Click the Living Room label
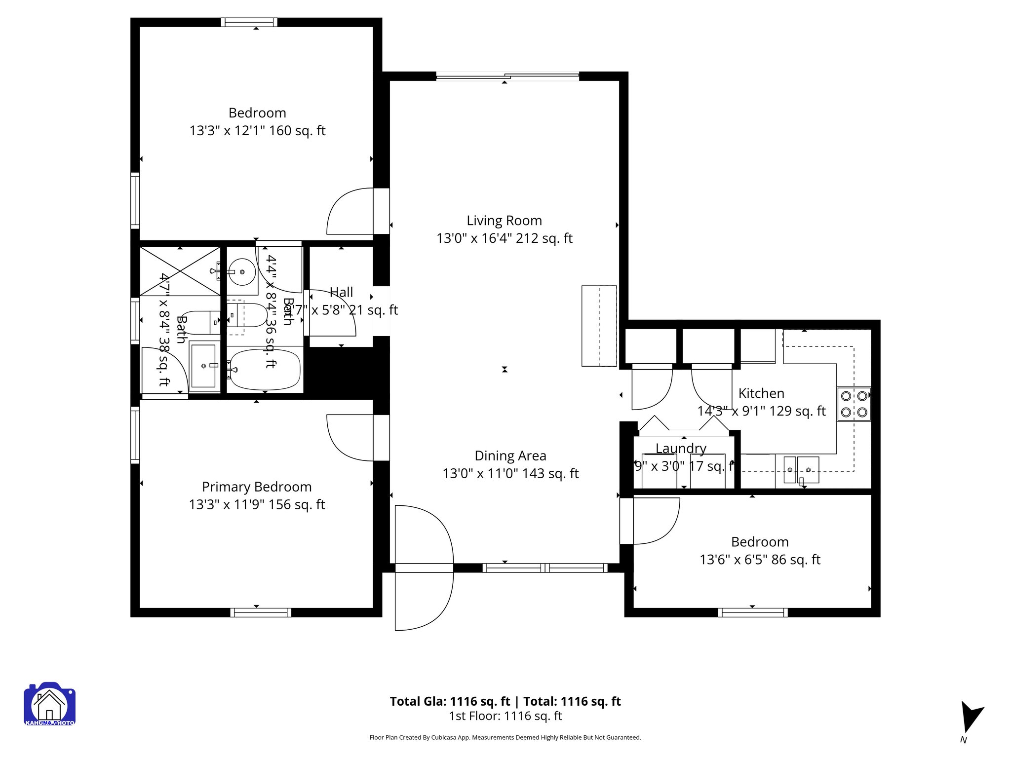coord(504,221)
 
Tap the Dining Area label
coord(510,455)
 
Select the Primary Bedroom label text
coord(257,487)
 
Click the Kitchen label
coord(761,393)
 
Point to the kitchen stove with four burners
coord(854,404)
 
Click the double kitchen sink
coord(801,469)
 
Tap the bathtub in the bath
coord(265,369)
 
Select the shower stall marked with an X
coord(180,271)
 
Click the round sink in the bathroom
coord(242,271)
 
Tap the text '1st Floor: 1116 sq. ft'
coord(505,716)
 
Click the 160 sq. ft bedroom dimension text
coord(257,131)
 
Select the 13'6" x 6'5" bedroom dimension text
coord(760,560)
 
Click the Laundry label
coord(681,448)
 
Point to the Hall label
coord(341,292)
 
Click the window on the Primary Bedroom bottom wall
coord(261,612)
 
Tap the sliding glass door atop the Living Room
coord(507,76)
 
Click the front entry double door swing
coord(424,568)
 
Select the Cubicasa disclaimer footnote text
coord(505,737)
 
